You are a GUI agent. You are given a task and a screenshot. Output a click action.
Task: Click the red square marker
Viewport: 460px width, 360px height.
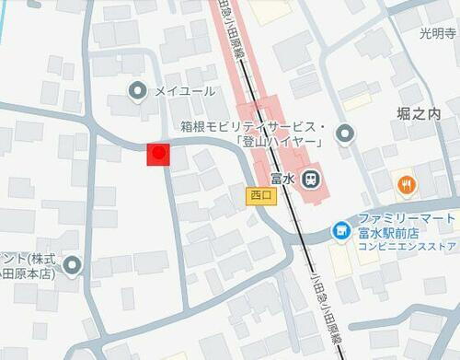click(x=159, y=154)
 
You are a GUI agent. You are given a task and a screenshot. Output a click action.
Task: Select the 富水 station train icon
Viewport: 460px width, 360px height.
click(x=312, y=177)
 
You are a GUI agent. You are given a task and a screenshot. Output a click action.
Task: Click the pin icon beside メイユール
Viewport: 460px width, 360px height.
click(x=138, y=90)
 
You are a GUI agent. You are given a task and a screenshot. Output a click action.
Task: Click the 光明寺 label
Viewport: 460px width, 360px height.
click(x=437, y=32)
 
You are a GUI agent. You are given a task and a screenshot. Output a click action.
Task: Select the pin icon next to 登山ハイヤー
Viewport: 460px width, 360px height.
click(x=345, y=134)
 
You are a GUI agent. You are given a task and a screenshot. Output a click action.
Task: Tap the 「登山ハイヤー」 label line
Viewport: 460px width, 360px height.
click(x=276, y=143)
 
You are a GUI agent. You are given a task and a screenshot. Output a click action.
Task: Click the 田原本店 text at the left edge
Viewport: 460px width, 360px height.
click(x=29, y=273)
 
